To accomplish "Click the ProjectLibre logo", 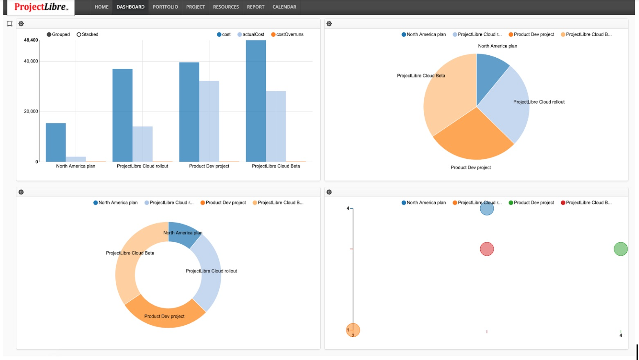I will (x=41, y=7).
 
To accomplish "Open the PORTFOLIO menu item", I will (x=165, y=7).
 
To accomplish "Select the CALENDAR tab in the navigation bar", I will (x=284, y=7).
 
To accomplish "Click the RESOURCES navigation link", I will (x=226, y=7).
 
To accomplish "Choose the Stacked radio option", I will (x=79, y=34).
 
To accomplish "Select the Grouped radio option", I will (x=49, y=34).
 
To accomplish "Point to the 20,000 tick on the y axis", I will (x=31, y=111).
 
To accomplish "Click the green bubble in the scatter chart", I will (x=620, y=249).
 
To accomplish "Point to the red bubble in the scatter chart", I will (x=487, y=249).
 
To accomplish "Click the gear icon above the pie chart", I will (x=329, y=24).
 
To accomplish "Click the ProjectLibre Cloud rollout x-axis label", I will (x=142, y=166).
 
